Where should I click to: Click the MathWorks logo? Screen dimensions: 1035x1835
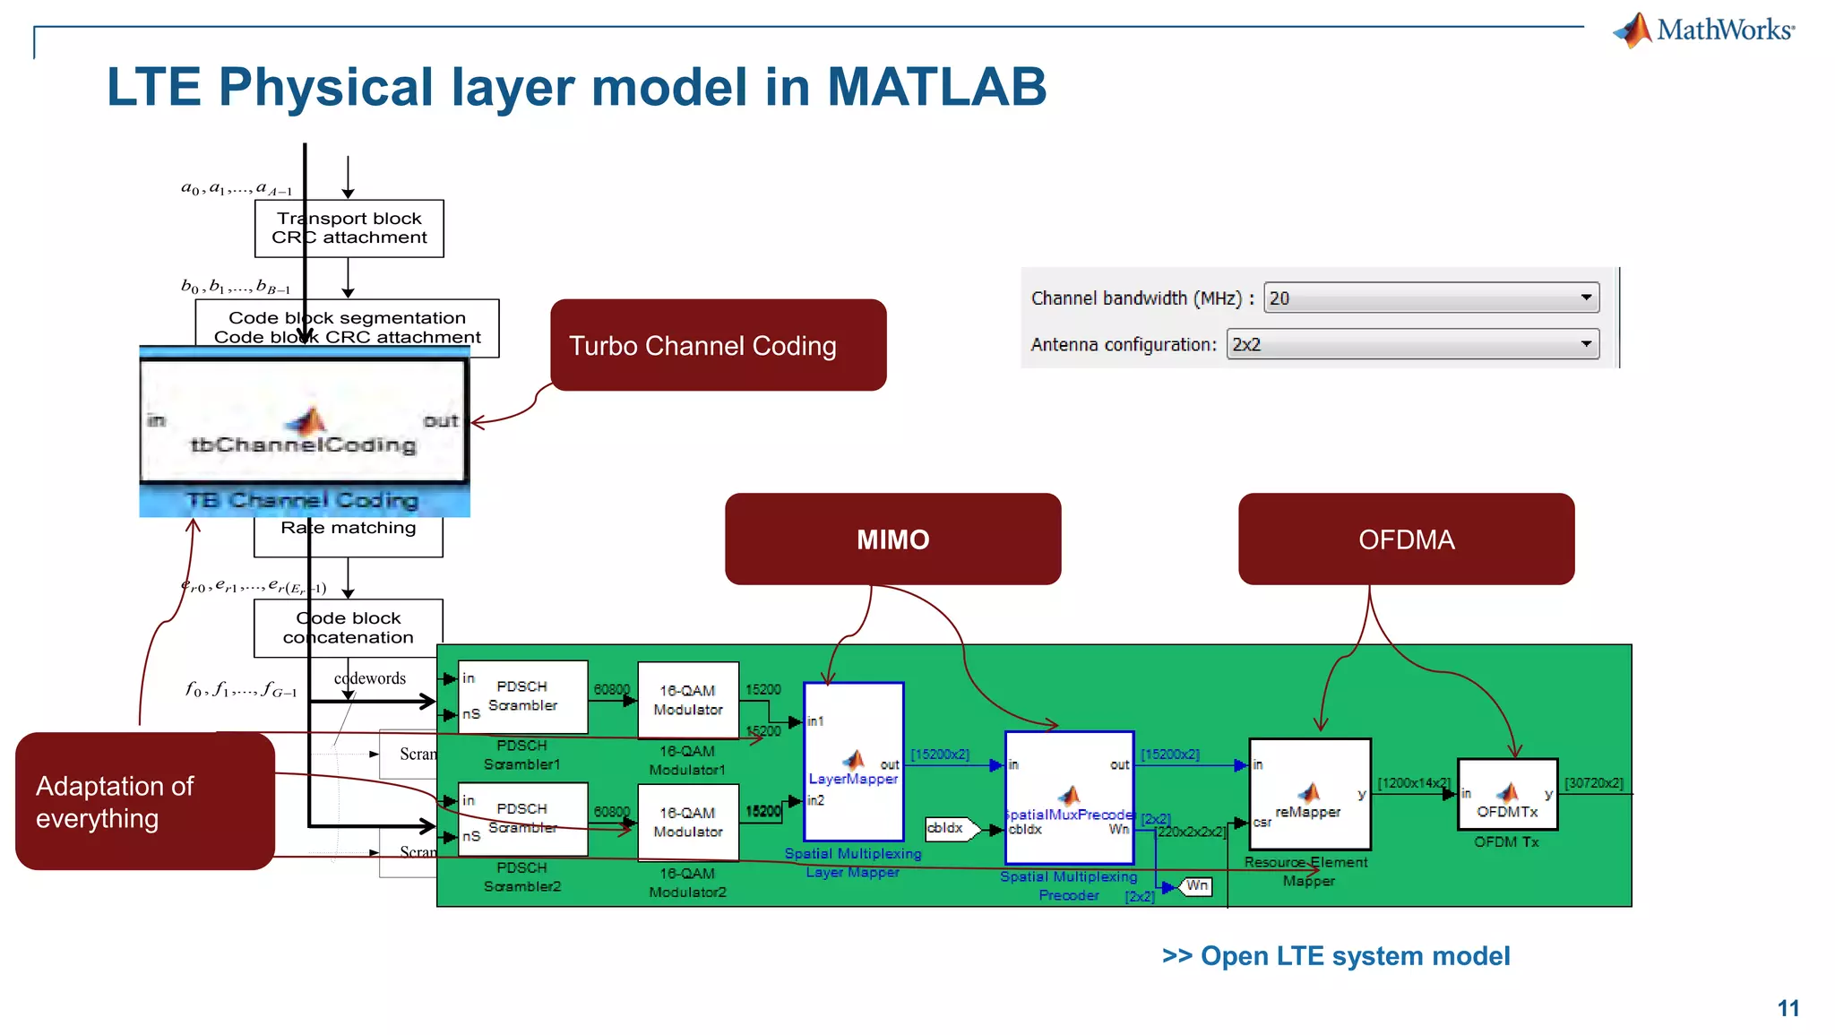click(x=1703, y=30)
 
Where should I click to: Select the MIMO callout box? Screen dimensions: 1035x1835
click(x=892, y=539)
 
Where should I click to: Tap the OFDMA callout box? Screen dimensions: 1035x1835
click(x=1406, y=539)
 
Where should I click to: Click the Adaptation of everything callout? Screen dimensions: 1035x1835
click(x=144, y=801)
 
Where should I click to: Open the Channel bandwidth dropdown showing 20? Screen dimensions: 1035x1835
click(x=1431, y=298)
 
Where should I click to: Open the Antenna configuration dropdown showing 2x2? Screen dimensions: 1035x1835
click(x=1412, y=344)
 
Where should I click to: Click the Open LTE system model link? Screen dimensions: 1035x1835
click(x=1335, y=956)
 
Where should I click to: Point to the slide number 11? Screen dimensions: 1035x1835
click(x=1788, y=1008)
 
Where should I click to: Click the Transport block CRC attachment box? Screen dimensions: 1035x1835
click(x=349, y=229)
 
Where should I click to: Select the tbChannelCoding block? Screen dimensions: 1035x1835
click(x=304, y=421)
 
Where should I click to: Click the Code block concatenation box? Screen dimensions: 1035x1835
click(x=349, y=627)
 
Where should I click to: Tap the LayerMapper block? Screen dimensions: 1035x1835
click(x=853, y=761)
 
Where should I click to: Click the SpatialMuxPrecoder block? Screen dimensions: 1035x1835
click(x=1069, y=797)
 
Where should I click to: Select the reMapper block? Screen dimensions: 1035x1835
click(x=1309, y=794)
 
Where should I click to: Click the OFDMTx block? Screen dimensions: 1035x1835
click(x=1507, y=794)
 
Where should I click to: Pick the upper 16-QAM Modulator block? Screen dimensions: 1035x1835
click(x=688, y=700)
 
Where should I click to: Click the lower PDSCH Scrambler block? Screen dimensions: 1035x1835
click(x=522, y=819)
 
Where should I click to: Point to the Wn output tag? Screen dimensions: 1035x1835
click(x=1196, y=886)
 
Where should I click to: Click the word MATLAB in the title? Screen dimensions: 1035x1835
click(x=936, y=87)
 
